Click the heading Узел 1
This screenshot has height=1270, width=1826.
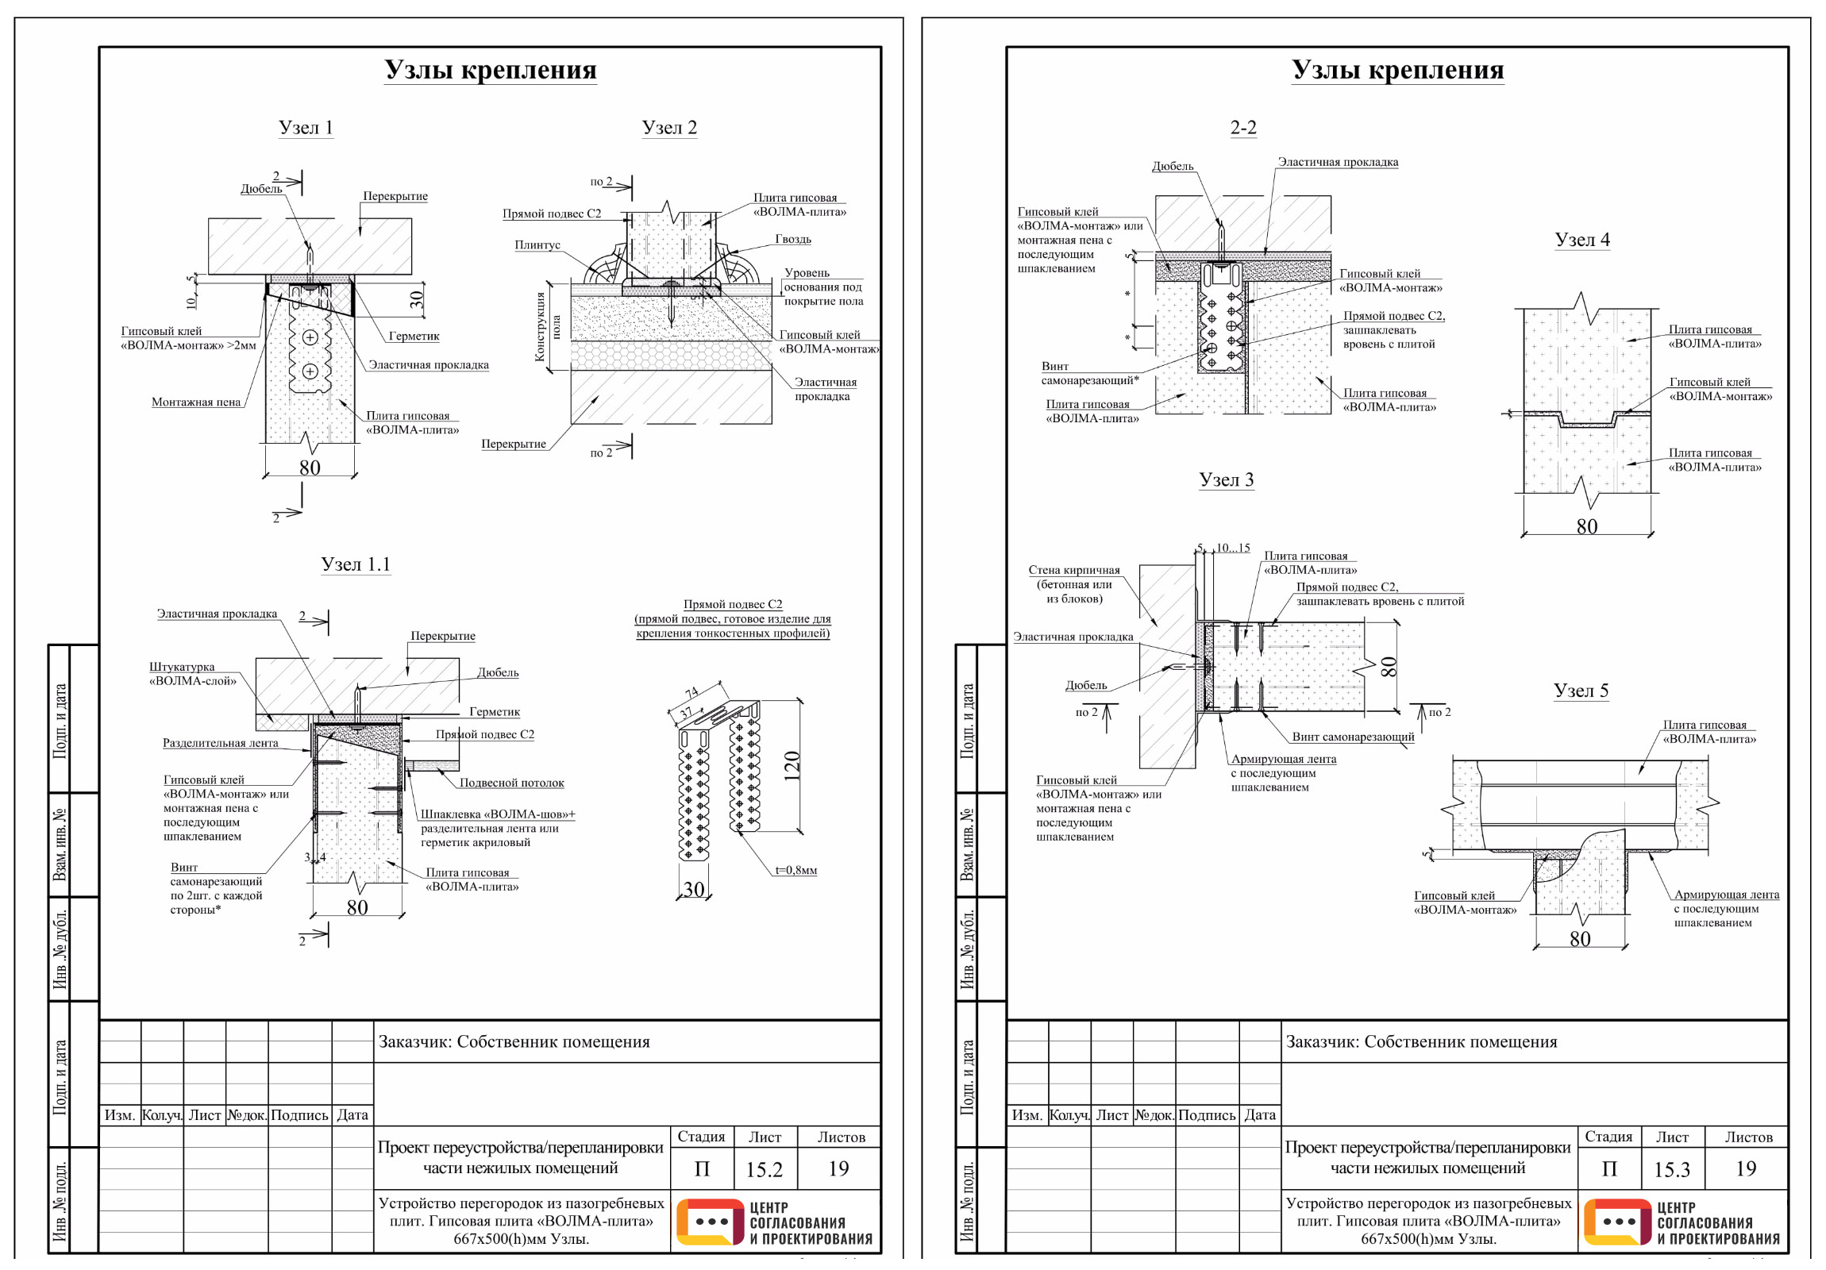pos(306,127)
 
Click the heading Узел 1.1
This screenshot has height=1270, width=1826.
pos(356,564)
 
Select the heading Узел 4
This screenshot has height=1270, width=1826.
pos(1581,240)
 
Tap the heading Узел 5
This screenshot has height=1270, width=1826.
pos(1581,691)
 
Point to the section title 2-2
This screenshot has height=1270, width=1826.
pos(1243,127)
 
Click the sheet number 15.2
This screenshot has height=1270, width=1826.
pos(764,1169)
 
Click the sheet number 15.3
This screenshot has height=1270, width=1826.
pos(1672,1169)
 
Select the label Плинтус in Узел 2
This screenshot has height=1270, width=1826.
pos(537,245)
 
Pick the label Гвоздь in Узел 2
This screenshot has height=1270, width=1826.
pos(793,239)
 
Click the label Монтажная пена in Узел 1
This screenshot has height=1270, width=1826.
pos(195,402)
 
